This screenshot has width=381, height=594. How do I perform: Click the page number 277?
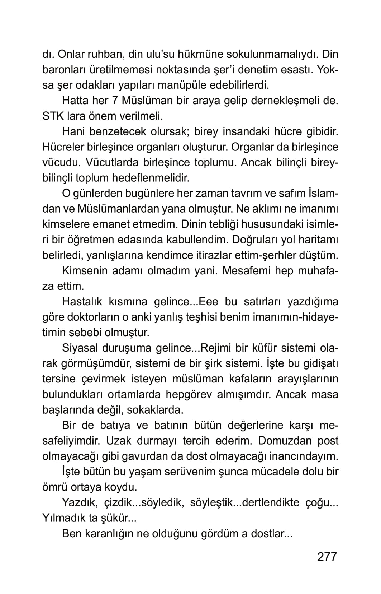[x=327, y=556]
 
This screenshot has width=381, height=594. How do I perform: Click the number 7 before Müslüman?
[x=115, y=101]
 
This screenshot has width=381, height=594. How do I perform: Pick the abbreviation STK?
[x=53, y=116]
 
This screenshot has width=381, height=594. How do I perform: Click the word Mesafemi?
[x=246, y=270]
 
